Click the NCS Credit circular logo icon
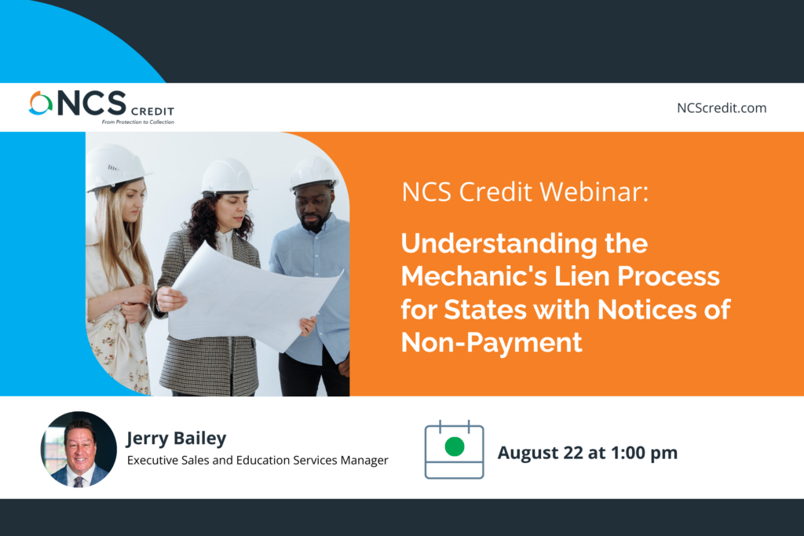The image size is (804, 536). pyautogui.click(x=41, y=103)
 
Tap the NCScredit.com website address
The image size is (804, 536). pyautogui.click(x=722, y=108)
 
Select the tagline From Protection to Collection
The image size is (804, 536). pyautogui.click(x=138, y=122)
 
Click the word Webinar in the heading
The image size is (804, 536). pyautogui.click(x=594, y=192)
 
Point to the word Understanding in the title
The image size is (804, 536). pyautogui.click(x=499, y=244)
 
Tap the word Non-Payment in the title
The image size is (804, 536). pyautogui.click(x=492, y=342)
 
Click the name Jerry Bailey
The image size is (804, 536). pyautogui.click(x=177, y=438)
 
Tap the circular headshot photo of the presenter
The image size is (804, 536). pyautogui.click(x=79, y=449)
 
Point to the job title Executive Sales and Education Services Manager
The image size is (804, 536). pyautogui.click(x=258, y=460)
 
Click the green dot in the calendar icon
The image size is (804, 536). pyautogui.click(x=455, y=447)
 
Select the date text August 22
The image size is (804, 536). pyautogui.click(x=540, y=453)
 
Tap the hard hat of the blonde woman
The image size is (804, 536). pyautogui.click(x=115, y=167)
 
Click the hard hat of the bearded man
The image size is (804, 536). pyautogui.click(x=314, y=173)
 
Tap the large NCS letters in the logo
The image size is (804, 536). pyautogui.click(x=92, y=103)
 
